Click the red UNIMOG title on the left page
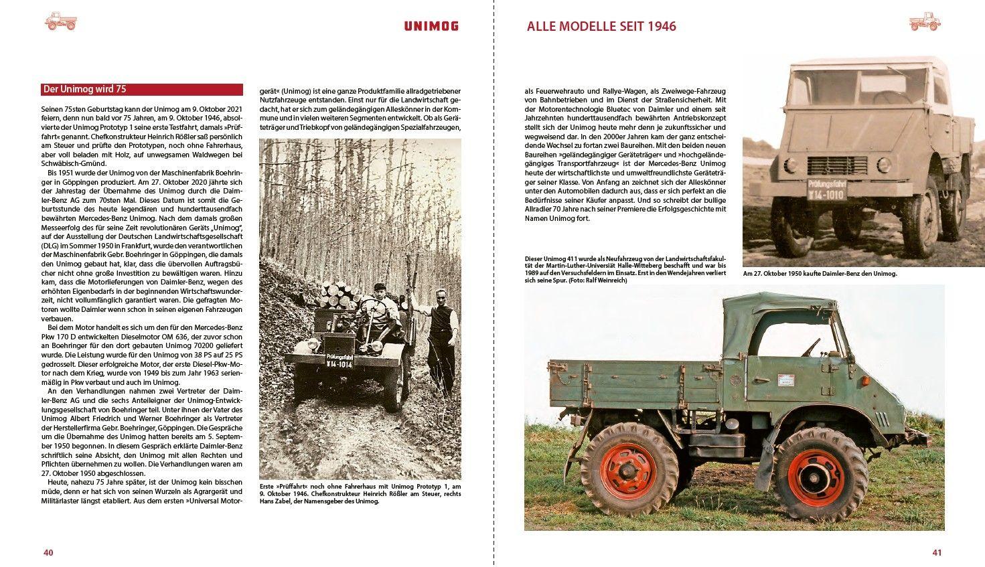pyautogui.click(x=431, y=26)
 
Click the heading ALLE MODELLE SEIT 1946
pyautogui.click(x=601, y=27)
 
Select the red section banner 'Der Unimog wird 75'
pyautogui.click(x=141, y=89)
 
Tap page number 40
pyautogui.click(x=48, y=552)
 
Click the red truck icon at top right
pyautogui.click(x=925, y=21)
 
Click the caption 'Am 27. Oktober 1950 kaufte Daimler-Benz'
pyautogui.click(x=820, y=274)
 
